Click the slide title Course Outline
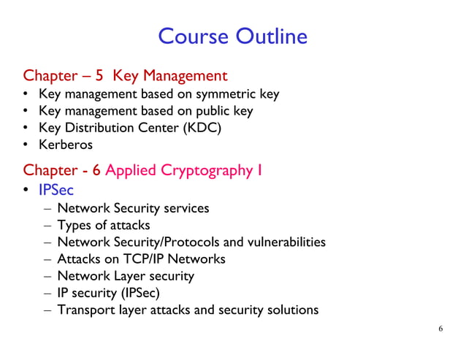pos(232,36)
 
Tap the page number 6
pos(440,328)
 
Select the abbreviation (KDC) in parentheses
pos(199,128)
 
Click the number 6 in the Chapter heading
pos(96,171)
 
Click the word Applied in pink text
pos(130,171)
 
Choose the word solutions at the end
pos(292,310)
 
